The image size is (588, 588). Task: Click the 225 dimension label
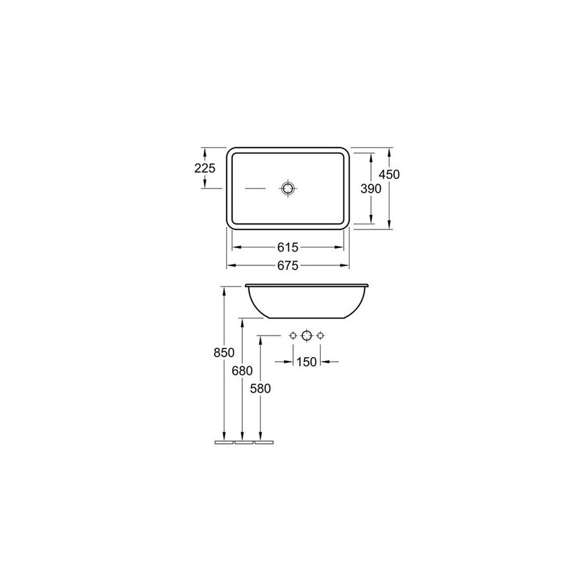[205, 168]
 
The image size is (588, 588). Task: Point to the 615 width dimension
[288, 248]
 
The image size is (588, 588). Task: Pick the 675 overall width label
[288, 266]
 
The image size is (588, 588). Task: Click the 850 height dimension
[223, 353]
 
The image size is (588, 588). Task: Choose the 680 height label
[242, 371]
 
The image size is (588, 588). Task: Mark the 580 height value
[260, 388]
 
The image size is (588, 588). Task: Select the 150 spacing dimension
[307, 362]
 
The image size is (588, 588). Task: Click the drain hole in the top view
[288, 188]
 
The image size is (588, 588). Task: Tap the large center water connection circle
[307, 336]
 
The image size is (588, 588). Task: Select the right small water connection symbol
[320, 336]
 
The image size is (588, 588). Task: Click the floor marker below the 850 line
[223, 442]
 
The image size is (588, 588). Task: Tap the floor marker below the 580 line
[263, 442]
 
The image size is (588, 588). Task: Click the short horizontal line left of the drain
[255, 188]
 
